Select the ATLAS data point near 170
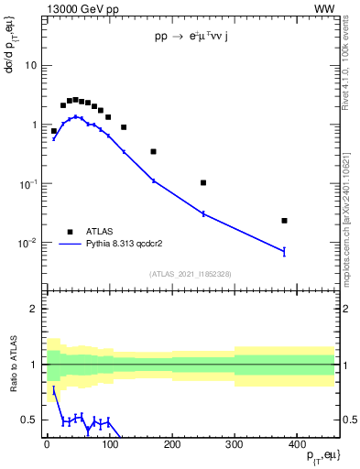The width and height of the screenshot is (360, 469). (x=154, y=151)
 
